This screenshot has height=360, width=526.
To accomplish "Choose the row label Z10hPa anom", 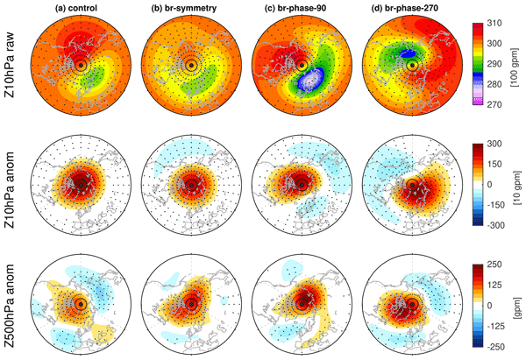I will (x=9, y=184).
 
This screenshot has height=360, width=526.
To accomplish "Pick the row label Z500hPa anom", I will (x=9, y=303).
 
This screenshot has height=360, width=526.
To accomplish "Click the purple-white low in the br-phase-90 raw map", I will (x=311, y=88).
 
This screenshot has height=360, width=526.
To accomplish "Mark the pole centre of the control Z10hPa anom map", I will (x=80, y=184).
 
